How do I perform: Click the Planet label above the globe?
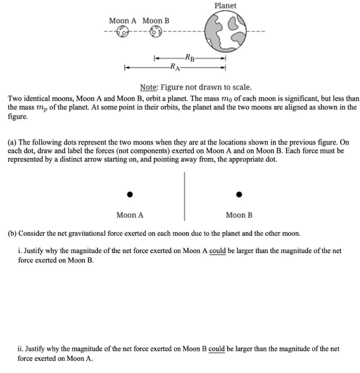pos(225,6)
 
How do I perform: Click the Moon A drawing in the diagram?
pos(122,32)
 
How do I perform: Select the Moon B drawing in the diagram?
pos(155,32)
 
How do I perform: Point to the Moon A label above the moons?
pos(122,20)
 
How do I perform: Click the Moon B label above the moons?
pos(156,20)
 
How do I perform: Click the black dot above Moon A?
pos(129,194)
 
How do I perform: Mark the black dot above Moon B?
pos(239,194)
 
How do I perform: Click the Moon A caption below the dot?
pos(130,215)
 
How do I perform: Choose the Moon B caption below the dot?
pos(239,215)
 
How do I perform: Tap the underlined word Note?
pos(150,87)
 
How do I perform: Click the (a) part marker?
pos(13,142)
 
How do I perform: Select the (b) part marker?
pos(13,232)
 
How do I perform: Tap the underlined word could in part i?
pos(217,251)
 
